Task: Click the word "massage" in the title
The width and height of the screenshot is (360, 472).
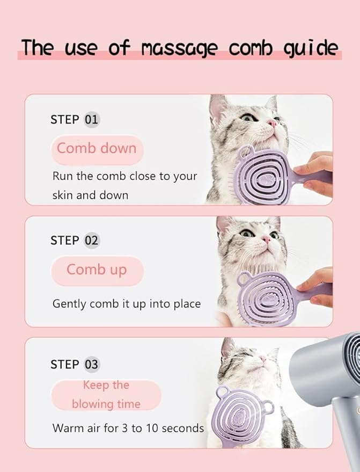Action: (179, 48)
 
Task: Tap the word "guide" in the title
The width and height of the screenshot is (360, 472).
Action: (311, 48)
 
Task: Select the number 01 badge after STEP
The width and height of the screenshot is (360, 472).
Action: (91, 120)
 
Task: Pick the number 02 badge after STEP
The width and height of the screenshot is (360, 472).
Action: (91, 241)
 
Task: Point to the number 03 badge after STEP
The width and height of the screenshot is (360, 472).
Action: (91, 364)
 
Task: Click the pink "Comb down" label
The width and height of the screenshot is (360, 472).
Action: (97, 149)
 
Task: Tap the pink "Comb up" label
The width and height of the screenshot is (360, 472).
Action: (97, 270)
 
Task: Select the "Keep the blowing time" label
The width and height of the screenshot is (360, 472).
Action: (106, 395)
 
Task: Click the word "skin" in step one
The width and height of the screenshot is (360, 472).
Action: (62, 195)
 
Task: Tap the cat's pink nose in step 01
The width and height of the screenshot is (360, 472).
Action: (272, 123)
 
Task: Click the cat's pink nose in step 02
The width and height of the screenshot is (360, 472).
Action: (267, 239)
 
